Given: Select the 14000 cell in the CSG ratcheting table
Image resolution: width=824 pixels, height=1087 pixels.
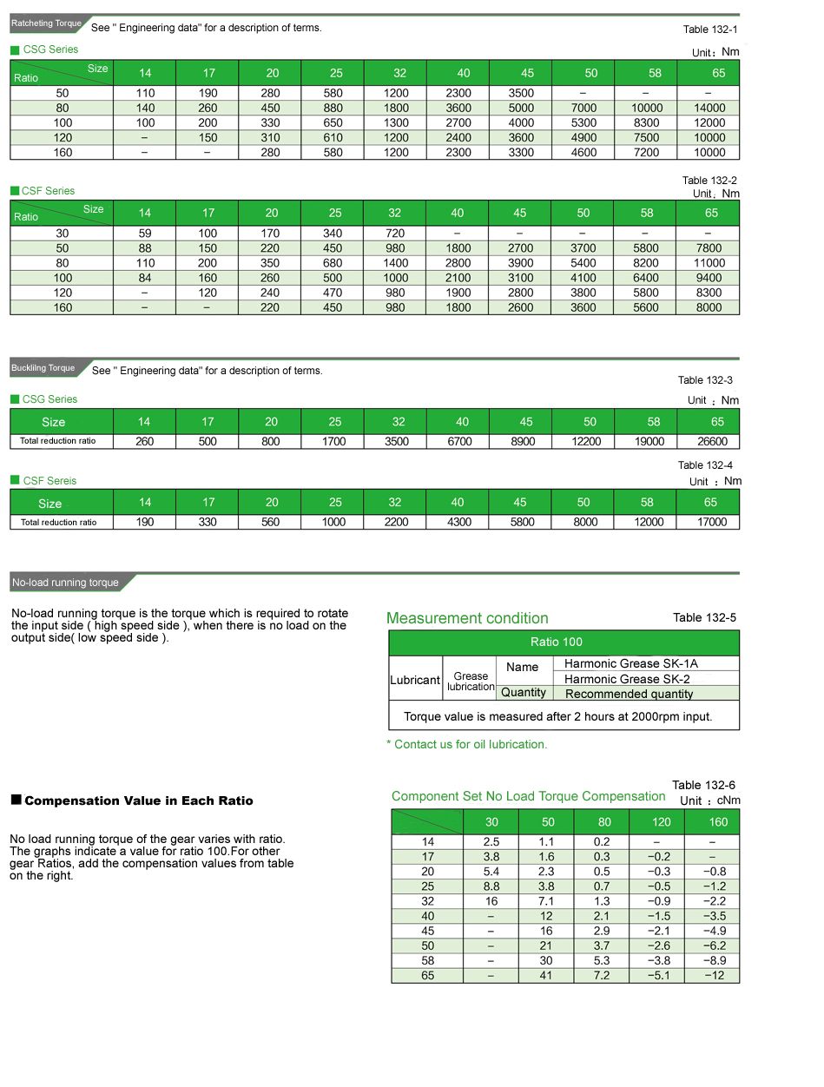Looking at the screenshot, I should coord(709,109).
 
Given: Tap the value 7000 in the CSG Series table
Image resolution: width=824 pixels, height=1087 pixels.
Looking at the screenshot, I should coord(584,109).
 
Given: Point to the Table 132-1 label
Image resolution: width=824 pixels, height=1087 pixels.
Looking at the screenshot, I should coord(709,30).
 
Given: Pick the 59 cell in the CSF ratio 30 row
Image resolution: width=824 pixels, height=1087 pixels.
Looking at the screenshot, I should coord(145,234).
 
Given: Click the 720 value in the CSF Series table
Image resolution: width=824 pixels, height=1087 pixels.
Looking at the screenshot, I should coord(395,234).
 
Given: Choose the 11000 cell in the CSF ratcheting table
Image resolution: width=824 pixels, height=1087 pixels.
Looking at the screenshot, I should coord(709,263).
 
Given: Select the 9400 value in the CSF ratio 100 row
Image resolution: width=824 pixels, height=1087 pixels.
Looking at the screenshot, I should coord(709,278).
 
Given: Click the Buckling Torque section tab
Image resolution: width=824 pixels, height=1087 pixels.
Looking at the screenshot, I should coord(43,368).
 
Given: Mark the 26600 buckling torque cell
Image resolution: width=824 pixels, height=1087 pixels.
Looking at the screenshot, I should coord(717,441).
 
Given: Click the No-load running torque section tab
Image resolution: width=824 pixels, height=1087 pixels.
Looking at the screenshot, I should coord(66,583).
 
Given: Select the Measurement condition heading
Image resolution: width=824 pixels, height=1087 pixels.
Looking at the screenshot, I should coord(467,618).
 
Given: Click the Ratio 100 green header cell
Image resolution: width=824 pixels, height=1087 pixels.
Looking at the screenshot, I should coord(557,642).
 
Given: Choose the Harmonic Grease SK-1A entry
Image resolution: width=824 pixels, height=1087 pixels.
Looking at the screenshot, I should coord(631,663).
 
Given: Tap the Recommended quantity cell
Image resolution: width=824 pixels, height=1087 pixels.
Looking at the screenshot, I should coord(630,694).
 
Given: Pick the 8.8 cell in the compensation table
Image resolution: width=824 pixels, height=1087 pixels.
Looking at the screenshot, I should coord(491,886).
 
